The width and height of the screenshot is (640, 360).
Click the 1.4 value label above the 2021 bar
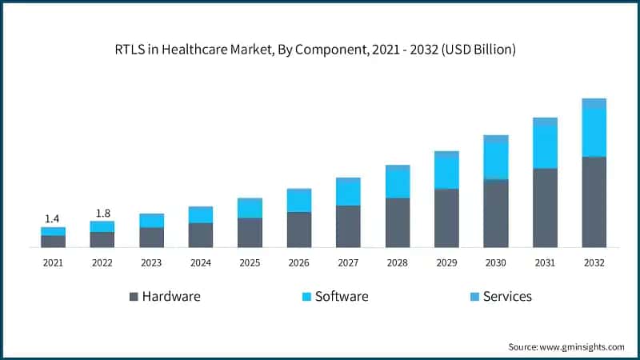tap(53, 218)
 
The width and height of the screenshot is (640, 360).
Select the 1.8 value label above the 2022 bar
tap(102, 213)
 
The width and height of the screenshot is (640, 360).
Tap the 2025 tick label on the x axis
tap(250, 262)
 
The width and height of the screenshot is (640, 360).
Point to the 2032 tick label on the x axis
tap(594, 262)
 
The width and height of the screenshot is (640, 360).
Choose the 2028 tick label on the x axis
tap(398, 262)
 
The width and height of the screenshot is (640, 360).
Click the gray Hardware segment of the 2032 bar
tap(594, 202)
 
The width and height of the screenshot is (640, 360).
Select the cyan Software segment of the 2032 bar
tap(594, 133)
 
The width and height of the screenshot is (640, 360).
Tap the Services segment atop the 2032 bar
tap(594, 103)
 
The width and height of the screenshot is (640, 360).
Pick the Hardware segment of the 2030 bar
tap(495, 214)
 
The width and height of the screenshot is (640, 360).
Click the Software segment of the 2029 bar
tap(446, 173)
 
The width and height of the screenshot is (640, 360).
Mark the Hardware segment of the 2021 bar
tap(53, 242)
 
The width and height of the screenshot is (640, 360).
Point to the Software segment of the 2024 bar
tap(201, 215)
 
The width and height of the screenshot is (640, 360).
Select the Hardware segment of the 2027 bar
tap(348, 226)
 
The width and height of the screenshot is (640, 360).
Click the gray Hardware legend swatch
tap(134, 297)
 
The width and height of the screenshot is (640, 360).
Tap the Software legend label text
tap(342, 296)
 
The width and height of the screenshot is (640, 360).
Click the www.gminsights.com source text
tap(582, 346)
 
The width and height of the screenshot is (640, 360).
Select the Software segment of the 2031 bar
tap(545, 147)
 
